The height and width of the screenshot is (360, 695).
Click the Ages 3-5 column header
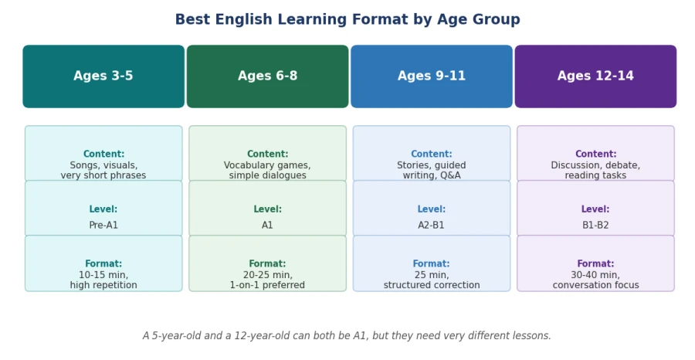103,76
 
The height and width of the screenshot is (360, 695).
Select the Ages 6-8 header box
267,76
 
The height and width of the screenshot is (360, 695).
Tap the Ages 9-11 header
431,76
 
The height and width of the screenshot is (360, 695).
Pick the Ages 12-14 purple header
595,76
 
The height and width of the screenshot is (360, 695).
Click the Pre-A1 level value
103,226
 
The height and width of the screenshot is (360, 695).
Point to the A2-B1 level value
431,226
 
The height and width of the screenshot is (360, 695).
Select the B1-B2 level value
595,226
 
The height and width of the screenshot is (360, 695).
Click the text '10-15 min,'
103,275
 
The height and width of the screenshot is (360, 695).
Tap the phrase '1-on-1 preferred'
267,285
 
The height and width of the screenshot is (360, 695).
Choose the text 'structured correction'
431,285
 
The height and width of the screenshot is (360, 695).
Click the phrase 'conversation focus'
595,285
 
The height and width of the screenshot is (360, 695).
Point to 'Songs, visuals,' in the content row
103,165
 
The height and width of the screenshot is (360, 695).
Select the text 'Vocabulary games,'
267,165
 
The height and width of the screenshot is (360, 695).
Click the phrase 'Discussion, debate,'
595,165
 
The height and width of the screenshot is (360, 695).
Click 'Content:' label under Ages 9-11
431,154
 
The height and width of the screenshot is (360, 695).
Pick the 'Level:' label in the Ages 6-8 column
267,209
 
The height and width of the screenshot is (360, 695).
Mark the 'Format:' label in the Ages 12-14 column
595,263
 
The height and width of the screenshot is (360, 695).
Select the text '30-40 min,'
595,275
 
